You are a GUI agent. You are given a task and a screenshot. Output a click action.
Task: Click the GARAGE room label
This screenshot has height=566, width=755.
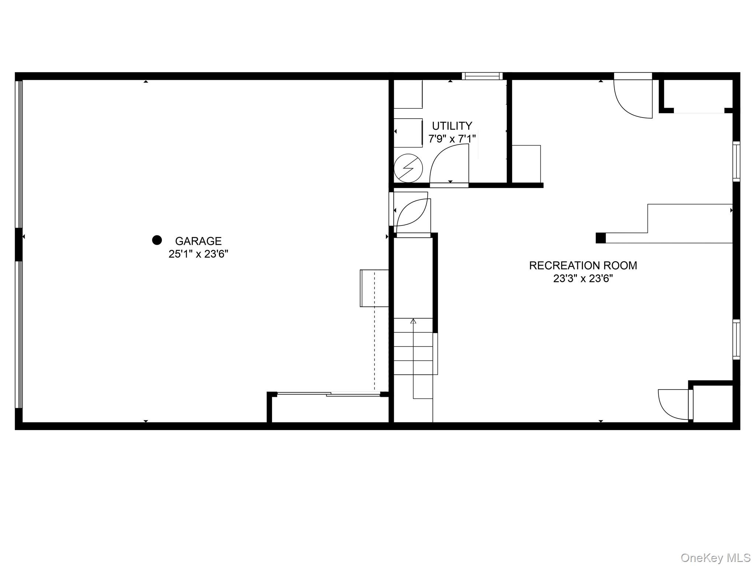pos(198,241)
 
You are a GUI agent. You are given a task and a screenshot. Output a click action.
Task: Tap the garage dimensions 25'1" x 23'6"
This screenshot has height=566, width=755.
pos(198,254)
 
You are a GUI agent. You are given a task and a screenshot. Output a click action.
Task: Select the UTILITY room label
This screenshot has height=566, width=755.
pos(452,126)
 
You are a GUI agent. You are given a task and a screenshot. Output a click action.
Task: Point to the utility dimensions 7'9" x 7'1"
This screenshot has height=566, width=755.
pos(452,139)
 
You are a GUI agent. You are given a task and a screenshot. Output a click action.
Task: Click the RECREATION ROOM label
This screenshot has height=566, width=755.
pos(583,265)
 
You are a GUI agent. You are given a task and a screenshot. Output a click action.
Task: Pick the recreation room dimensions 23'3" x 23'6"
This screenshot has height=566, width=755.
pos(583,278)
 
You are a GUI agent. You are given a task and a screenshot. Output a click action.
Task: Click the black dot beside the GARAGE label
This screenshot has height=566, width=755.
pos(157,240)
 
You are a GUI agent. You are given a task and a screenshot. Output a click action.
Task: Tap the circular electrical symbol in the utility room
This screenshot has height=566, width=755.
pos(408,168)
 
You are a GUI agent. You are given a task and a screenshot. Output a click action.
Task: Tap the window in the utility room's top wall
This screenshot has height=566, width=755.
pos(482,76)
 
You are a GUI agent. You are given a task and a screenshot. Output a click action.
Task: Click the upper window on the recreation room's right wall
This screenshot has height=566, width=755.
pos(736,161)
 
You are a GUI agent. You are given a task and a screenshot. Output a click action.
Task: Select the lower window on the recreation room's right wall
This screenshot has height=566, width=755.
pos(736,339)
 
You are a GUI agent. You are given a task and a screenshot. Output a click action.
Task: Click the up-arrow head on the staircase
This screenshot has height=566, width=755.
pos(413,321)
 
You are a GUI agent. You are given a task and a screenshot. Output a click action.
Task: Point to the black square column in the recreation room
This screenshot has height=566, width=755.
pos(601,238)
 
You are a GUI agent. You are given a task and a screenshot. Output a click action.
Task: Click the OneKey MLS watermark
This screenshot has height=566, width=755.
pos(716,558)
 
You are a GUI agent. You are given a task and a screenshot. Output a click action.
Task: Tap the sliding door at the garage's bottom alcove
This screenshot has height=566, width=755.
pos(328,394)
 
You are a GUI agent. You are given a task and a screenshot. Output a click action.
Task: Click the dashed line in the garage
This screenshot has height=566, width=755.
pos(375,332)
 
